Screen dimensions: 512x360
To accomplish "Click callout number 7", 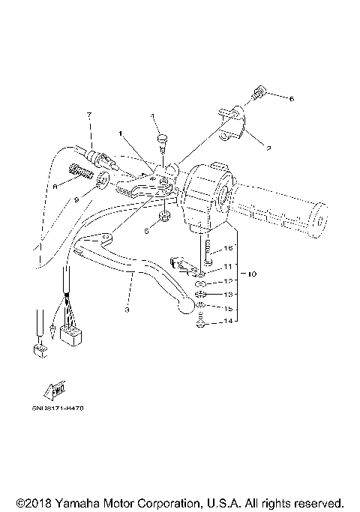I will (88, 115).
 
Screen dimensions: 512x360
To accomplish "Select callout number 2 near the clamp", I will (268, 148).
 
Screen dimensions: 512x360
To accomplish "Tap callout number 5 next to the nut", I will (146, 232).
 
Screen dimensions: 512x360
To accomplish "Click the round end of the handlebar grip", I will (321, 220).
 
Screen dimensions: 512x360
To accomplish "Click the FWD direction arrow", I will (55, 391).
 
